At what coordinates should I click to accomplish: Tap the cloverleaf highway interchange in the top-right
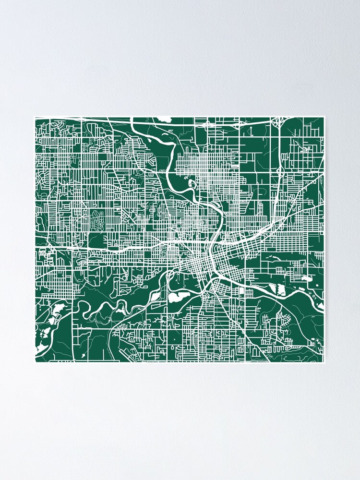coord(278,123)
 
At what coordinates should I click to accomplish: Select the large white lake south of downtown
coord(178,297)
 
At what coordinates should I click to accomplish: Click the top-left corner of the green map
coord(35,117)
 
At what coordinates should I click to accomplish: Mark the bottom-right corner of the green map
coord(324,362)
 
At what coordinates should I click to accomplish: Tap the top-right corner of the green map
coord(324,117)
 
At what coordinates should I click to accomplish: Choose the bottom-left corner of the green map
coord(35,362)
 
